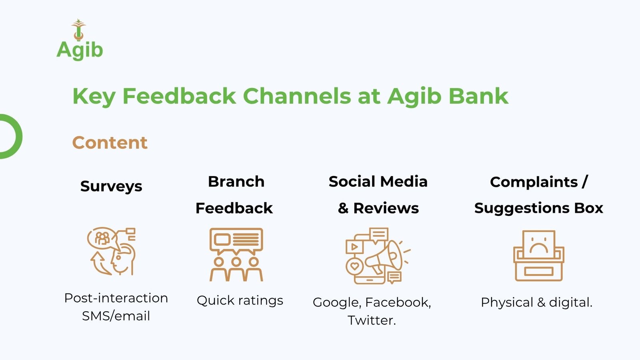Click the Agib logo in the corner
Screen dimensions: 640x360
(x=80, y=40)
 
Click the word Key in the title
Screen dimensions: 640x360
(x=94, y=97)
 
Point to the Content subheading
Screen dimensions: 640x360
(x=110, y=142)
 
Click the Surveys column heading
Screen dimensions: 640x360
(x=111, y=186)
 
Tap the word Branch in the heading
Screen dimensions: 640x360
(x=236, y=182)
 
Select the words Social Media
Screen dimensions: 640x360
(x=378, y=182)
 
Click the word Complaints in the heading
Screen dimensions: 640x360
(x=534, y=182)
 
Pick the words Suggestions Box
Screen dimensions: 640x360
(x=538, y=208)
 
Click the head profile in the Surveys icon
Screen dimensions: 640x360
(x=122, y=260)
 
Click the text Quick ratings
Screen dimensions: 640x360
(x=240, y=300)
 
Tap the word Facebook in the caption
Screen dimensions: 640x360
(x=398, y=302)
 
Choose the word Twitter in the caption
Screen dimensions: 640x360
(x=372, y=320)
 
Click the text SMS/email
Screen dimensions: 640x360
(x=116, y=316)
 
